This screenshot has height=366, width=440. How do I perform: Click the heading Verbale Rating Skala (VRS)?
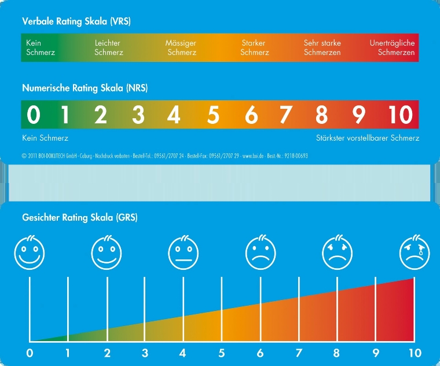pyautogui.click(x=76, y=21)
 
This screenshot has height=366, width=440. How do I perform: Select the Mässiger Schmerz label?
pyautogui.click(x=181, y=47)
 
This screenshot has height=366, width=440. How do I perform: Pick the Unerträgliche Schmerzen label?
pyautogui.click(x=393, y=47)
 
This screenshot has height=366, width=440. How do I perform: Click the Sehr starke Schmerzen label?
pyautogui.click(x=322, y=47)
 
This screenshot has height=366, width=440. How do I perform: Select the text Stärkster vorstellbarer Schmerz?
pyautogui.click(x=368, y=138)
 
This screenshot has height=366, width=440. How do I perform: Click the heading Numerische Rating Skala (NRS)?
pyautogui.click(x=85, y=89)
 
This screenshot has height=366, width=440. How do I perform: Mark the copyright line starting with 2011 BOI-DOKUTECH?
pyautogui.click(x=164, y=156)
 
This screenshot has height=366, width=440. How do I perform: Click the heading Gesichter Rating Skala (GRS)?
pyautogui.click(x=79, y=218)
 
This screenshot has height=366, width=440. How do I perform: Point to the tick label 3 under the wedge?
pyautogui.click(x=145, y=353)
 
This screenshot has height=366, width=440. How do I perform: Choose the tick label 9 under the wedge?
pyautogui.click(x=375, y=353)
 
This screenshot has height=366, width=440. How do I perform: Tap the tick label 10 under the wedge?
pyautogui.click(x=415, y=353)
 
